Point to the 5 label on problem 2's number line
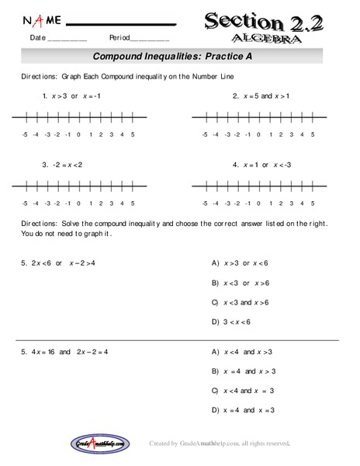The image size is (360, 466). pyautogui.click(x=313, y=135)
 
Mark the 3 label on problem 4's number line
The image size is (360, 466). pyautogui.click(x=291, y=203)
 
